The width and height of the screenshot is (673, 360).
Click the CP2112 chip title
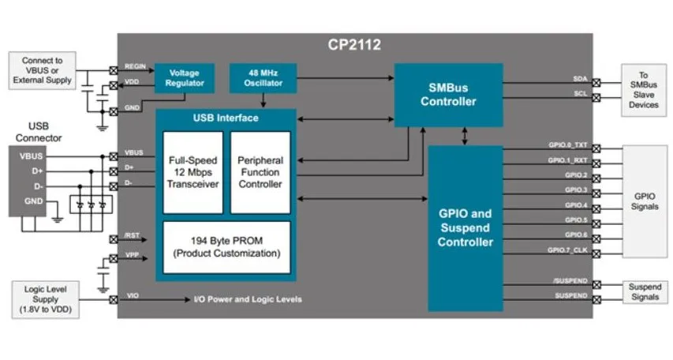coord(354,45)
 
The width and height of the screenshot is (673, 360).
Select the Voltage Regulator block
coord(185,78)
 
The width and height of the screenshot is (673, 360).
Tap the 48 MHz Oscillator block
coord(263,78)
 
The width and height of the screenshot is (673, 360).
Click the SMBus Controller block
coord(448,95)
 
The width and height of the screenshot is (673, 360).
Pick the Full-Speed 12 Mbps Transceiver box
coord(193,172)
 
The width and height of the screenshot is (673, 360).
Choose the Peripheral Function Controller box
coord(260,172)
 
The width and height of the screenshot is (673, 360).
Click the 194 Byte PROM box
coord(226,247)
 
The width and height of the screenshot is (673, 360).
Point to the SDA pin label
coord(580,79)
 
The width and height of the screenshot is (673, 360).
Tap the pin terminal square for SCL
coord(596,98)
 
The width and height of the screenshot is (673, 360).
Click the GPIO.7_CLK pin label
coord(567,250)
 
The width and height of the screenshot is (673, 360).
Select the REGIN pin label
coord(135,66)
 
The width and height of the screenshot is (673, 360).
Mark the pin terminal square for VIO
coord(114,299)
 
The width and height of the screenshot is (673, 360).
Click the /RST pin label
coord(132,235)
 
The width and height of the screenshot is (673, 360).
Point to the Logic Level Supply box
coord(46,299)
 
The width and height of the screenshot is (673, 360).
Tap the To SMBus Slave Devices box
coord(643,90)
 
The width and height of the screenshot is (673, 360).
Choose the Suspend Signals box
coord(645,291)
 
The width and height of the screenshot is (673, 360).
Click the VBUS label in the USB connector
coord(31,156)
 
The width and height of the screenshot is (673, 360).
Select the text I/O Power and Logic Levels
coord(248,299)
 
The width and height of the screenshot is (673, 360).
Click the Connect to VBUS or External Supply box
coord(42,70)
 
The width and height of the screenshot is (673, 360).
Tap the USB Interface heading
coord(226,118)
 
